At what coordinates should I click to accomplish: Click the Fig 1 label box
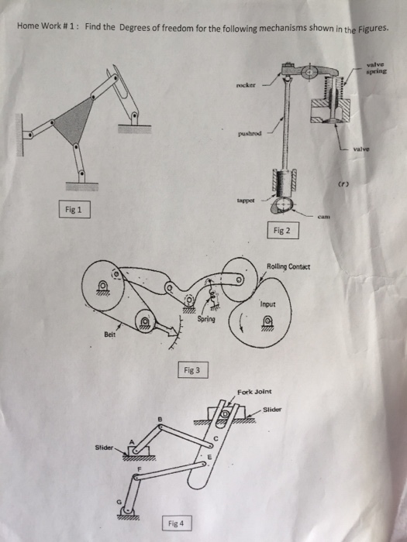coord(75,208)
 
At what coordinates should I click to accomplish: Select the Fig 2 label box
coord(282,230)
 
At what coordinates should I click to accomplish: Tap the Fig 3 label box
coord(192,370)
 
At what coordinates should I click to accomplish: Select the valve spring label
coord(379,68)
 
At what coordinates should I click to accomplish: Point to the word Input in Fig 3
coord(268,304)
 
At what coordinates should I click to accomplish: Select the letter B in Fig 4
coord(160,417)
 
